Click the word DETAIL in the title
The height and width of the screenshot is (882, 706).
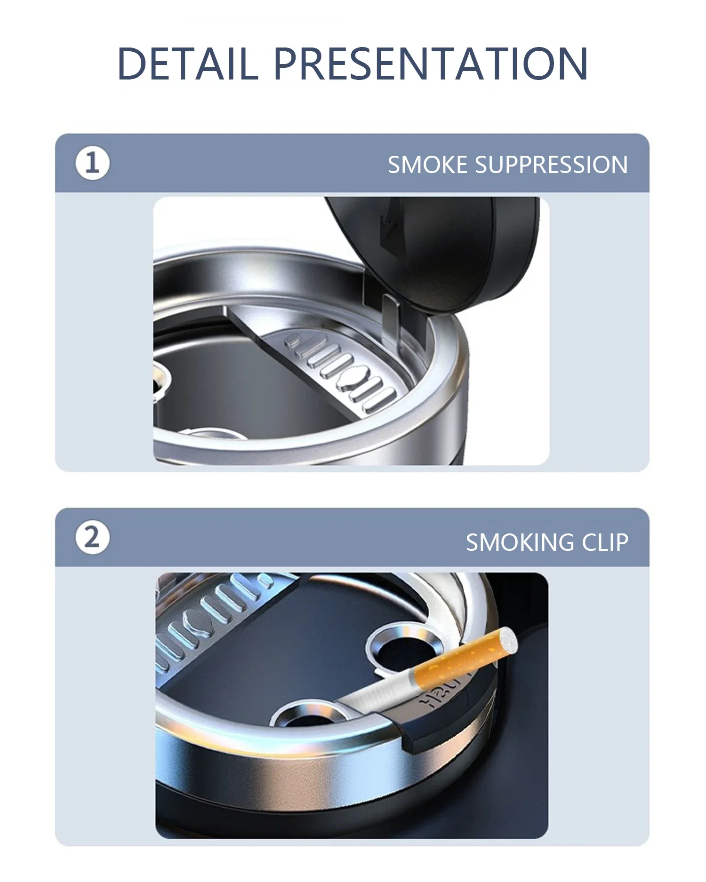coord(187,63)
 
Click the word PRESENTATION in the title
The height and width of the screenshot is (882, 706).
coord(431,63)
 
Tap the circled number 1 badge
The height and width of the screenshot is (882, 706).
coord(92,163)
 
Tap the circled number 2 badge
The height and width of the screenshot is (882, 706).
coord(92,537)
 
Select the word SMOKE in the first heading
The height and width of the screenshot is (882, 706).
coord(427,165)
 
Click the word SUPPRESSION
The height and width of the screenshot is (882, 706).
coord(551,165)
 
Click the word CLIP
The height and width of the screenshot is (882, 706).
coord(605,542)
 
